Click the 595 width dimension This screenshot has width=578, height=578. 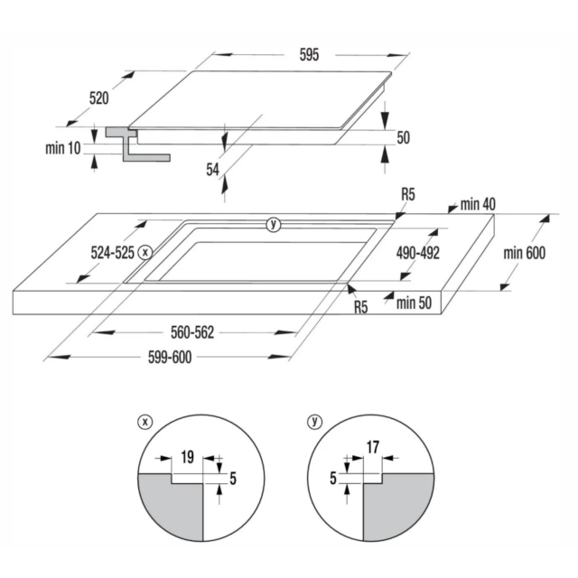tap(309, 54)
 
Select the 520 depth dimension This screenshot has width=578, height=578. tap(98, 98)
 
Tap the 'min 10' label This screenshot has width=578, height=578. tap(62, 148)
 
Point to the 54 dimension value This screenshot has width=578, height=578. tap(213, 170)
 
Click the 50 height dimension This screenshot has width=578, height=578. tap(404, 137)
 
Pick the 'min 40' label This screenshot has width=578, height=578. tap(478, 204)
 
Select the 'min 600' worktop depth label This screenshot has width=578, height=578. tap(524, 253)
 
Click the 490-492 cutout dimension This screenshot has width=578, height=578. tap(418, 253)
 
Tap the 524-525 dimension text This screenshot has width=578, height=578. tap(112, 253)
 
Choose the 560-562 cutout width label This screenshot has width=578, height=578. tap(192, 332)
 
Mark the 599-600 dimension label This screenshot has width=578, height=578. tap(170, 358)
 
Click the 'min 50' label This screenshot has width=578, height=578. tap(414, 303)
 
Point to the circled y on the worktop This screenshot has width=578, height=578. tap(273, 224)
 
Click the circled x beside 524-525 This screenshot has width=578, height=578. tap(145, 253)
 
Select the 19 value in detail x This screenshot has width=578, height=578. tap(187, 457)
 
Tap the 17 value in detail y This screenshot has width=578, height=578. tap(373, 447)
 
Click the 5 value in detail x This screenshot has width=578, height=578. tap(233, 479)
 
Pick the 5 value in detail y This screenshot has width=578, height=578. tap(333, 478)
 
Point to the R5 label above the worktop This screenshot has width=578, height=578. tap(408, 194)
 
